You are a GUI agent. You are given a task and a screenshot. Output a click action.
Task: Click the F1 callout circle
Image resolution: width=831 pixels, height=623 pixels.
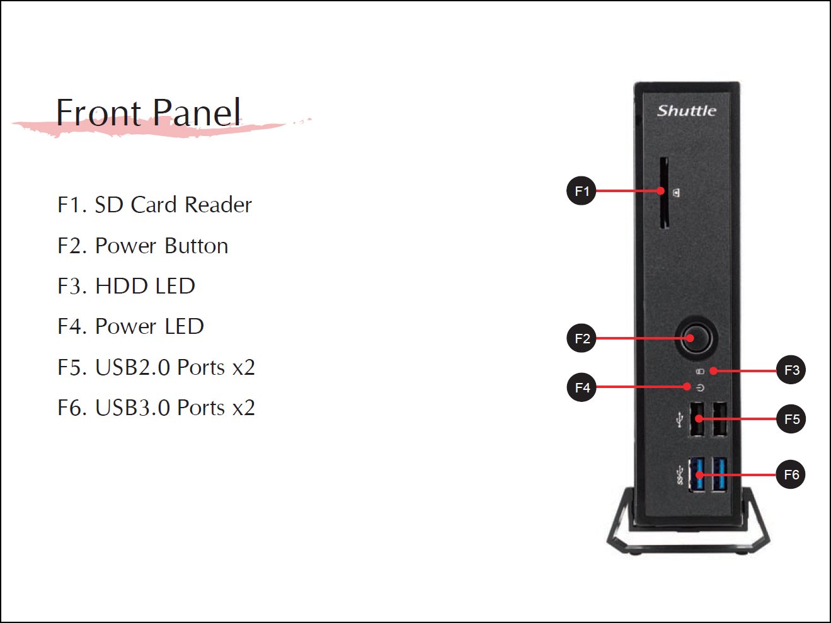point(581,191)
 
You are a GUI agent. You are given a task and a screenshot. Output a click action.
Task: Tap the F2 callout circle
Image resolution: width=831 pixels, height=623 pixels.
point(582,338)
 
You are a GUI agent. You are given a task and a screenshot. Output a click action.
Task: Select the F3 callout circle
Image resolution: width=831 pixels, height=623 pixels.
point(791,370)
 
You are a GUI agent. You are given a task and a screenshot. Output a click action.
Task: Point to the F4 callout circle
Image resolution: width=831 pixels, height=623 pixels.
point(582,387)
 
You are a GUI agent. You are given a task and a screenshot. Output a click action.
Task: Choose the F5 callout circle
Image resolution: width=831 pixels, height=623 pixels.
point(791,419)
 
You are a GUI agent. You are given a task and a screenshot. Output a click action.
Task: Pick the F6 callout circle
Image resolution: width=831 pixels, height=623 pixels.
point(791,474)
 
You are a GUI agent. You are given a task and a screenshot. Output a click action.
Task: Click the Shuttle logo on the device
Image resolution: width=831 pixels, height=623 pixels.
point(686,110)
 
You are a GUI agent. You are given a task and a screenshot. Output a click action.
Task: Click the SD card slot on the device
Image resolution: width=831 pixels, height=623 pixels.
point(664,193)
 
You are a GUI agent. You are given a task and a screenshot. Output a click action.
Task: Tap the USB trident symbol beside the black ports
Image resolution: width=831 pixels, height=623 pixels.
point(680,420)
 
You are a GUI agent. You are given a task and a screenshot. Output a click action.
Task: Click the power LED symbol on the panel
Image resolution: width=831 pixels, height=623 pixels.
point(701,388)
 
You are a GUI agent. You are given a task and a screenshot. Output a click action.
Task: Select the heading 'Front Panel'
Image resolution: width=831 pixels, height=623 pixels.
point(148,112)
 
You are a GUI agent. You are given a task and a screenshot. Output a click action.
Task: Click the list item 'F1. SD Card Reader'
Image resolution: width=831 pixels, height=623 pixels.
point(154,205)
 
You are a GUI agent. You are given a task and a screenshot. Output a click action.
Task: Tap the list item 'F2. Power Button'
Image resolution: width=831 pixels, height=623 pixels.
point(143,246)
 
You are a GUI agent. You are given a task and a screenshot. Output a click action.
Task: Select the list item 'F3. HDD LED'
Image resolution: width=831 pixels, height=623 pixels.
point(127,286)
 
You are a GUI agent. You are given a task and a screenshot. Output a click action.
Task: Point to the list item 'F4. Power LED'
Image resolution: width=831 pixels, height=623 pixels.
point(130,326)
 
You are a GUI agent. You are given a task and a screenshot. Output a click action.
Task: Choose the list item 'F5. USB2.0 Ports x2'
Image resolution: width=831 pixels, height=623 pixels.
point(156,367)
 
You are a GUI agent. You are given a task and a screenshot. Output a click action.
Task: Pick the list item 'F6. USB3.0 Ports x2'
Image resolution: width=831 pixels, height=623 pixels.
point(156,408)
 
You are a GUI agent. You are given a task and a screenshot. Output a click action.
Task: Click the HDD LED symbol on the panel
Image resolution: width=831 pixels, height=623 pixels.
point(701,372)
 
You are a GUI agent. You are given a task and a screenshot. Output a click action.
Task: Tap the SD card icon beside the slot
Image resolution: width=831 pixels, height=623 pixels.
point(676,193)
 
